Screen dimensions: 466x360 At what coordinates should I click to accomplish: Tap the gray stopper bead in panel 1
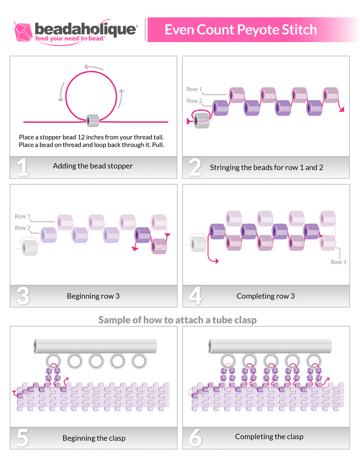93,120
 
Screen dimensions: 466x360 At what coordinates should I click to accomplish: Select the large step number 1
23,167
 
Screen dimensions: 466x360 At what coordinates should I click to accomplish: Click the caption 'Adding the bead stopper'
93,166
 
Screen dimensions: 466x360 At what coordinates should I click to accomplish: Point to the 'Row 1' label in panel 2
194,89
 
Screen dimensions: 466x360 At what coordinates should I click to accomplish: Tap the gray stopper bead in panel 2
202,120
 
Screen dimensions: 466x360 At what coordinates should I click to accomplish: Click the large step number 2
195,167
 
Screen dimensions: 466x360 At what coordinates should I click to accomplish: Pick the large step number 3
23,296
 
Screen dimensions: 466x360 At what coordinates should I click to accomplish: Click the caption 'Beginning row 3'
93,296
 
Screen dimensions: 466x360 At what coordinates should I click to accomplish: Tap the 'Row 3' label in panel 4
338,262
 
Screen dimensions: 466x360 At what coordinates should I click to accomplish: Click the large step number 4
195,296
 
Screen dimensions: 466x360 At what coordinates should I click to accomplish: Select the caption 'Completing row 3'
266,296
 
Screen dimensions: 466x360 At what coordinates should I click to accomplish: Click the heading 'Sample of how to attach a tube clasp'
177,320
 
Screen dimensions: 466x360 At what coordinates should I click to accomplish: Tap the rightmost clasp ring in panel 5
138,361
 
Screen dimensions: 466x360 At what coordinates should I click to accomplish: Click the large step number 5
23,438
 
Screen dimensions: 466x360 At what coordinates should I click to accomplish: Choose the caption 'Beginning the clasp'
94,438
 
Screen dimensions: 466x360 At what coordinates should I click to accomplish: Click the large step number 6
195,438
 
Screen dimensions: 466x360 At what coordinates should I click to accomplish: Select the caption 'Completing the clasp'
269,437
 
